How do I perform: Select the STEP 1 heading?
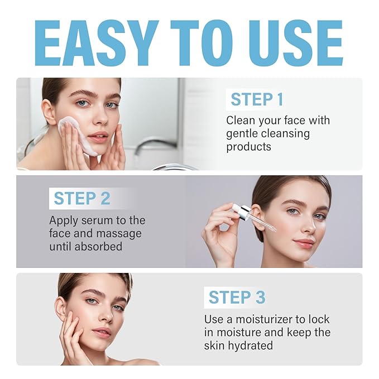click(257, 100)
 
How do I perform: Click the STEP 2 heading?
click(82, 198)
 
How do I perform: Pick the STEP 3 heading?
click(237, 297)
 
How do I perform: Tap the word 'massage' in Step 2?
click(118, 233)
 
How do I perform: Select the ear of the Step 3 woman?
click(60, 309)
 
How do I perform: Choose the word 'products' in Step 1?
click(249, 147)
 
